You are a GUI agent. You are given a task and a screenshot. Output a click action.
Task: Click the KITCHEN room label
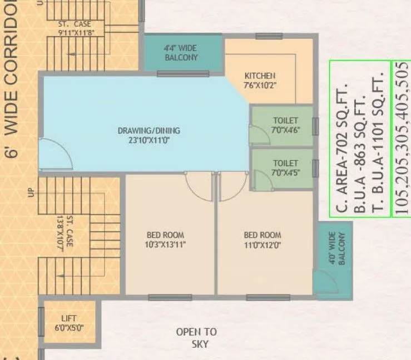tap(260, 76)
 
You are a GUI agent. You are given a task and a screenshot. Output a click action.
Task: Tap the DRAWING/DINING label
tap(148, 131)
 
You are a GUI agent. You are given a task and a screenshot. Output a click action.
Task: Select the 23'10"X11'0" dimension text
tap(148, 141)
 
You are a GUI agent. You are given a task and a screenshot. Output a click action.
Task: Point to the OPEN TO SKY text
tap(196, 338)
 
